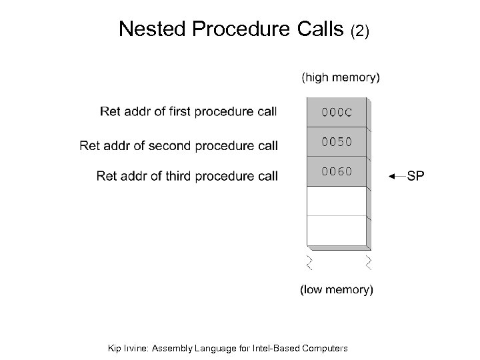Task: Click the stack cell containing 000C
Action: click(x=336, y=112)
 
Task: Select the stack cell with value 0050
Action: click(x=336, y=141)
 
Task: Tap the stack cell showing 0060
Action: click(x=336, y=171)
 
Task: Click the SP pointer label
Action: click(x=415, y=176)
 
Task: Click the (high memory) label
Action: click(x=341, y=77)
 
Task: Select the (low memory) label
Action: click(x=337, y=289)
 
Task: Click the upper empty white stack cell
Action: click(x=336, y=201)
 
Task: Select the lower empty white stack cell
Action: click(x=336, y=230)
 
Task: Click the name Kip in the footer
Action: click(x=115, y=347)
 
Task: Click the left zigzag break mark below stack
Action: click(x=309, y=261)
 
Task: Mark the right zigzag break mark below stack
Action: click(x=368, y=261)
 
